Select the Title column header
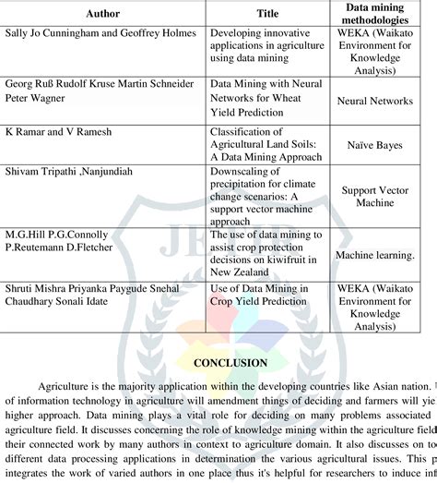tap(267, 14)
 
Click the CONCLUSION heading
tap(218, 363)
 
